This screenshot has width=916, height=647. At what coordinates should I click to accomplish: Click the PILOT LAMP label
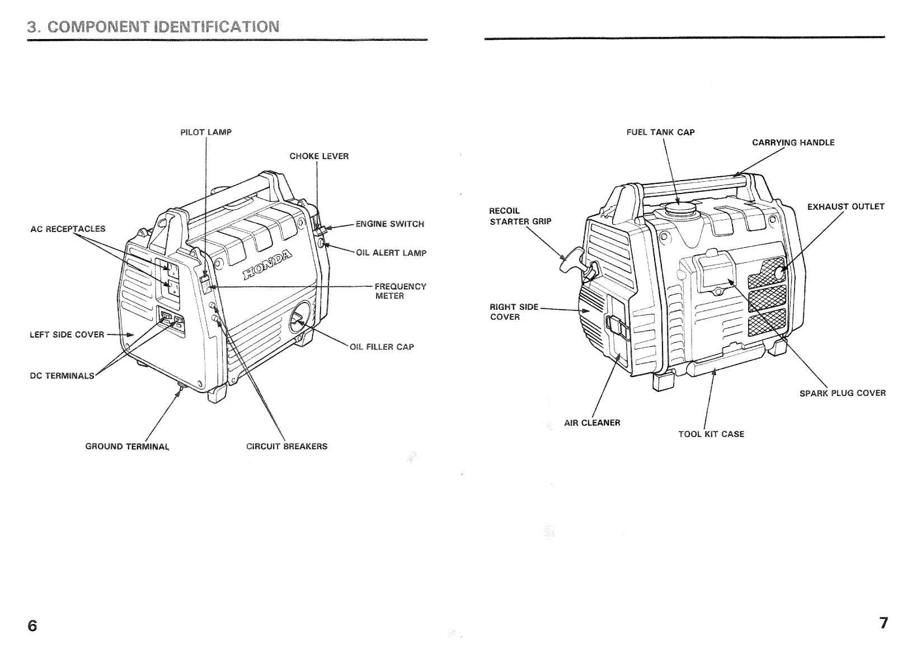pos(205,133)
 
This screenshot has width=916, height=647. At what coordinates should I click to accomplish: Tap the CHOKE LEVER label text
pos(319,157)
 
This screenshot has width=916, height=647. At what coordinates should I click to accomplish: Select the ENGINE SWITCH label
pos(389,224)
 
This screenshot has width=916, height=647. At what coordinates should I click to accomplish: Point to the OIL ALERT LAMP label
pos(391,253)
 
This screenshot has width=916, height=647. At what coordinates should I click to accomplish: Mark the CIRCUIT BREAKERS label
pos(286,447)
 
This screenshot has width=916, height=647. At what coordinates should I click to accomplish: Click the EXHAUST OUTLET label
pos(845,207)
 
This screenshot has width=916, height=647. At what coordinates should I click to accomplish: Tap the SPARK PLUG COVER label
pos(842,393)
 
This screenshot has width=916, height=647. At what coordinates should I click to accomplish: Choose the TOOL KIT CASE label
pos(711,435)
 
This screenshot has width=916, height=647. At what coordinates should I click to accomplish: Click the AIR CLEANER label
pos(592,423)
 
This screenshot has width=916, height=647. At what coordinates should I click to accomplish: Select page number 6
pos(32,625)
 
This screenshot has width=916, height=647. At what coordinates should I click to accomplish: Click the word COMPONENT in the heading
pos(86,27)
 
